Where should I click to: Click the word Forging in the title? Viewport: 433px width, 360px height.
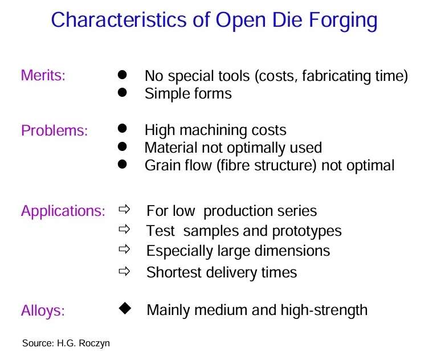pyautogui.click(x=343, y=21)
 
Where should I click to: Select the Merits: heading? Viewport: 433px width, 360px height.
pyautogui.click(x=43, y=75)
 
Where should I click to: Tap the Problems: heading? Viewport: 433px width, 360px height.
pyautogui.click(x=54, y=130)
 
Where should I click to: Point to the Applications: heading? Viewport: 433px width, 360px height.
pyautogui.click(x=63, y=211)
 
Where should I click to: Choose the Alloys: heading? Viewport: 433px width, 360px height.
pyautogui.click(x=43, y=310)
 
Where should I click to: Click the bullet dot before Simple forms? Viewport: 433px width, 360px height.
pyautogui.click(x=122, y=92)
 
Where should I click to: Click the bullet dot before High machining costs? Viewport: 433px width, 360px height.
pyautogui.click(x=122, y=128)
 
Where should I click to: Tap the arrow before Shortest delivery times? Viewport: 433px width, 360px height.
pyautogui.click(x=124, y=271)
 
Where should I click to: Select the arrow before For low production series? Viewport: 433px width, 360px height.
pyautogui.click(x=124, y=209)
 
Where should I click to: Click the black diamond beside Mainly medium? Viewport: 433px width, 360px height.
pyautogui.click(x=125, y=308)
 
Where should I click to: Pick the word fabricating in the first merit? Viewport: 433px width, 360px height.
pyautogui.click(x=336, y=76)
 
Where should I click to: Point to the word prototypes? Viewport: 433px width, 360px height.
pyautogui.click(x=307, y=231)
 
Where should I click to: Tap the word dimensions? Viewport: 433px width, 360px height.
pyautogui.click(x=292, y=251)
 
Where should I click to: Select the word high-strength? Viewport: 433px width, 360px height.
pyautogui.click(x=324, y=310)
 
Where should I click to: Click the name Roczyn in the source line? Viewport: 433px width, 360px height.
pyautogui.click(x=94, y=343)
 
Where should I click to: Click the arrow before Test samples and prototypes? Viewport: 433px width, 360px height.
pyautogui.click(x=124, y=229)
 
